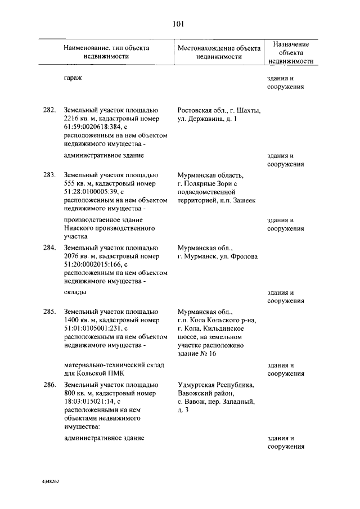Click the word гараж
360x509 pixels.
73,78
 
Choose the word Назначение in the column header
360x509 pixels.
291,43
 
